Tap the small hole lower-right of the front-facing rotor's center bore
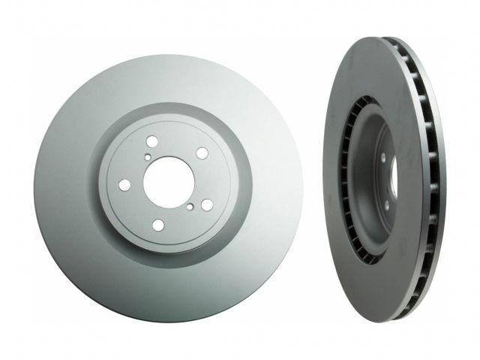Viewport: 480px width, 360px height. [192, 206]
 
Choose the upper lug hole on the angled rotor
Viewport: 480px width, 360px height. [382, 159]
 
